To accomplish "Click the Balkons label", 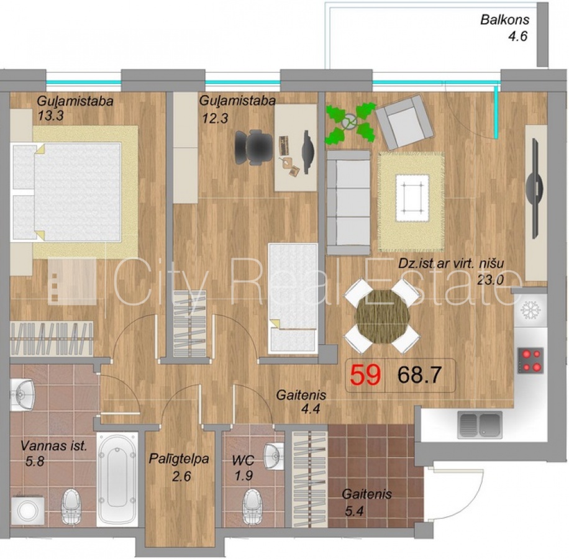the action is pyautogui.click(x=505, y=20).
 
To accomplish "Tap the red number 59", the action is pyautogui.click(x=365, y=375).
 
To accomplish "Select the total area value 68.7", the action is pyautogui.click(x=419, y=375).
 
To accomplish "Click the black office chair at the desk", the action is pyautogui.click(x=253, y=147).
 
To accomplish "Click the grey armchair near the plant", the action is pyautogui.click(x=404, y=122).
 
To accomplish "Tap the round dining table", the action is pyautogui.click(x=383, y=316).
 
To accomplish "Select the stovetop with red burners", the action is pyautogui.click(x=530, y=361).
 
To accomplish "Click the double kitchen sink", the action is pyautogui.click(x=480, y=424).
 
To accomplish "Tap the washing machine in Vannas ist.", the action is pyautogui.click(x=27, y=510).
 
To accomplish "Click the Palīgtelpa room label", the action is pyautogui.click(x=179, y=459).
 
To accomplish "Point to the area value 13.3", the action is pyautogui.click(x=50, y=116).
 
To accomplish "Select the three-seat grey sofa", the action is pyautogui.click(x=348, y=202).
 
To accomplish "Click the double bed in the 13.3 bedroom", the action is pyautogui.click(x=66, y=192).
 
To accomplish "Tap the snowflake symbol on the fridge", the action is pyautogui.click(x=530, y=310).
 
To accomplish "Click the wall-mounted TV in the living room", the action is pyautogui.click(x=535, y=188).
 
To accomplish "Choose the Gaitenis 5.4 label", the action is pyautogui.click(x=366, y=502).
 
